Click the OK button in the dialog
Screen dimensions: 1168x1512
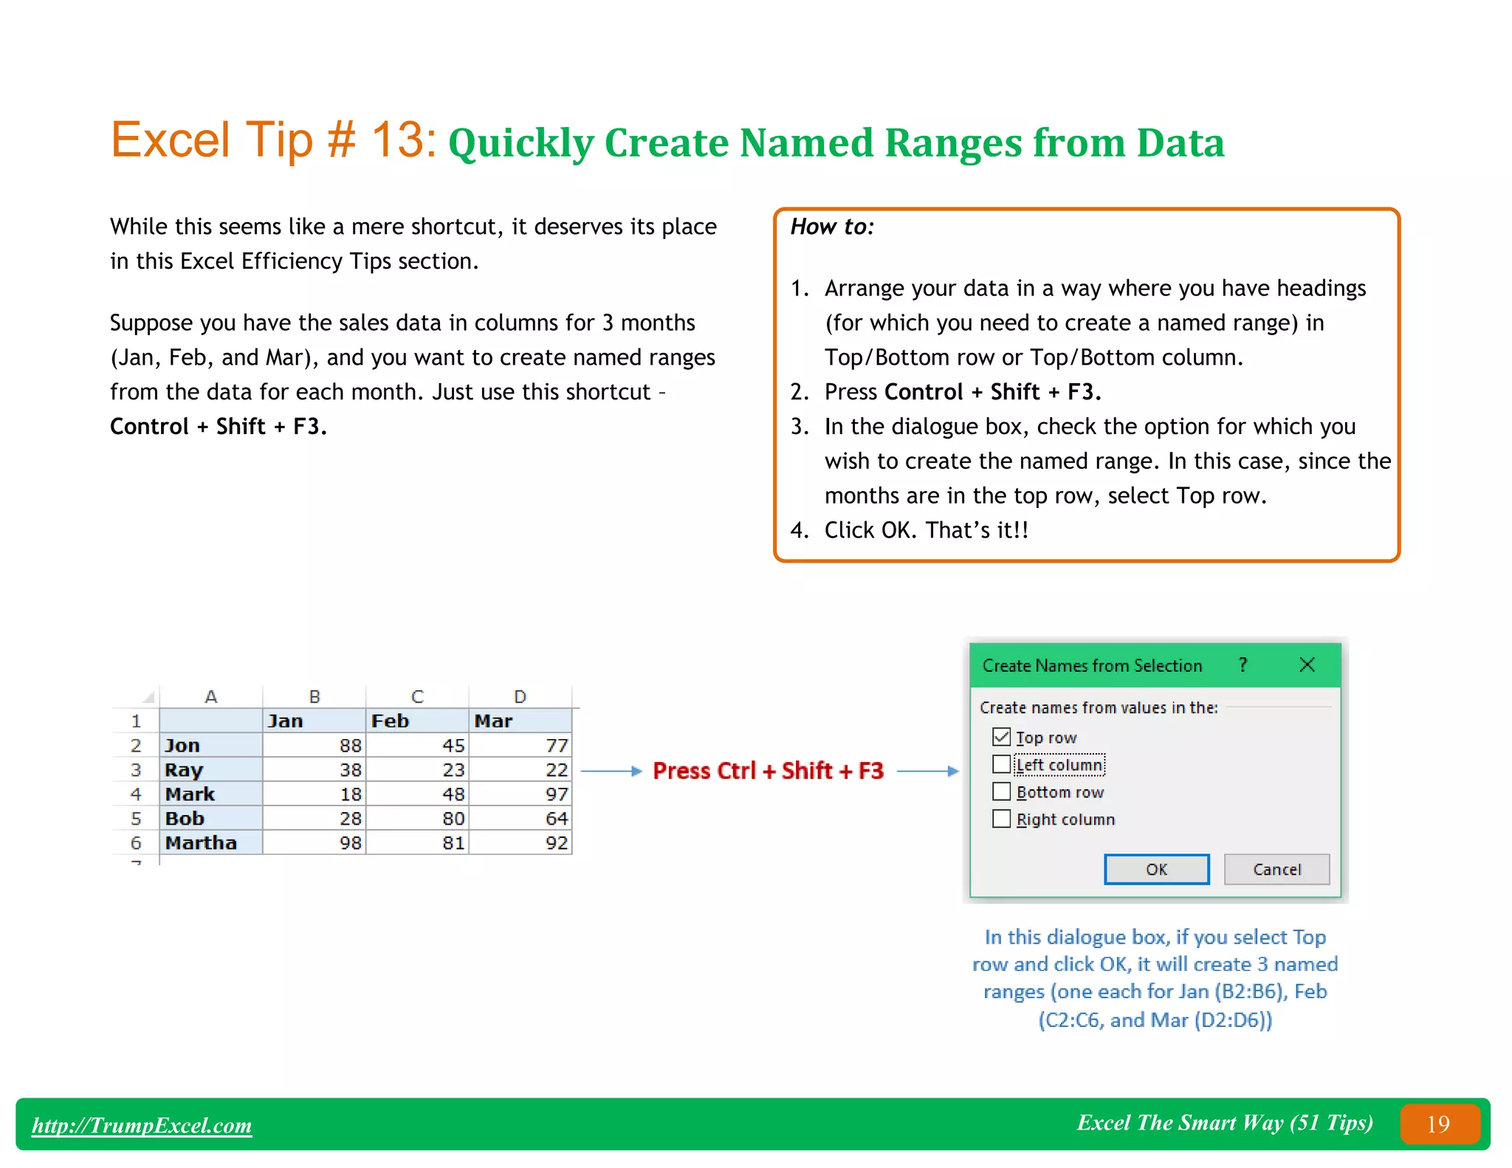pos(1156,869)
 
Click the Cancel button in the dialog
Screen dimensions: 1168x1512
pos(1276,869)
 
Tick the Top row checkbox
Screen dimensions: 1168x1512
pos(1001,737)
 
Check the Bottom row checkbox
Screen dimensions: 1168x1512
pos(1001,791)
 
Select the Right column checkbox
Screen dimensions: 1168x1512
pos(1001,819)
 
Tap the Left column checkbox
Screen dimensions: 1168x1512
pos(1001,764)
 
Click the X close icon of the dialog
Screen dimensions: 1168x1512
pos(1307,664)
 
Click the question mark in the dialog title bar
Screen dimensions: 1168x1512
pos(1243,664)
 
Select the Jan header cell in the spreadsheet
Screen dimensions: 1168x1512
pos(314,721)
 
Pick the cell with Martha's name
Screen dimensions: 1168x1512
pos(210,842)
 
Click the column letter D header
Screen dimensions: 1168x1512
pos(520,696)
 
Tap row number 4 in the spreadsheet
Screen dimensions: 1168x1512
pos(136,794)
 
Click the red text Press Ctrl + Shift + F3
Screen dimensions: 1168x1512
pos(768,771)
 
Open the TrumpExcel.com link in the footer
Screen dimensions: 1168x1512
pos(142,1125)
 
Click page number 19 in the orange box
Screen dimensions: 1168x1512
pos(1438,1124)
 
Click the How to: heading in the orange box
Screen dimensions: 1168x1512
pos(832,227)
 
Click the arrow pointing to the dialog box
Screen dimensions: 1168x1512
pos(927,771)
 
